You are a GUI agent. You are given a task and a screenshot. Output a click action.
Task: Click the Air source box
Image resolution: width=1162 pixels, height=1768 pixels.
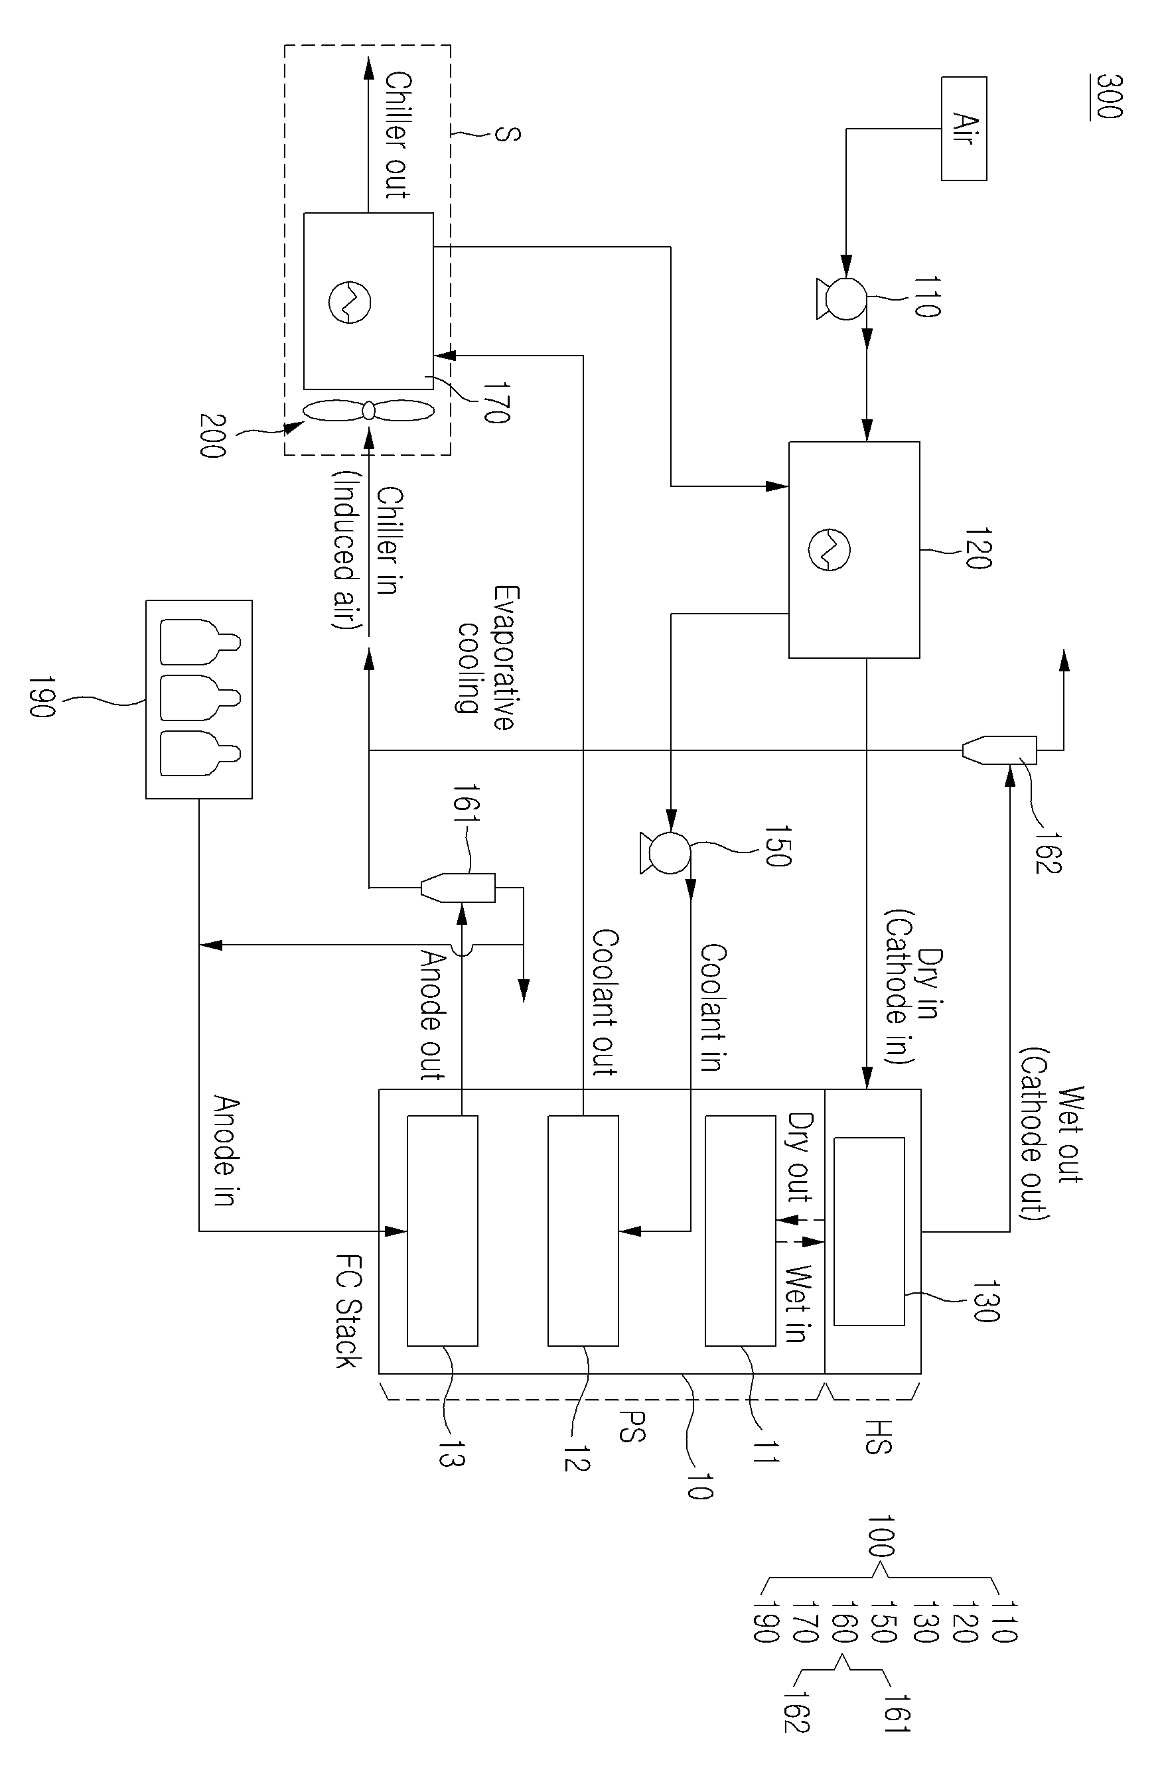click(964, 129)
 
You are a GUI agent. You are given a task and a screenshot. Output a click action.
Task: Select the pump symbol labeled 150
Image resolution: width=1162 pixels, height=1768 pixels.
click(666, 852)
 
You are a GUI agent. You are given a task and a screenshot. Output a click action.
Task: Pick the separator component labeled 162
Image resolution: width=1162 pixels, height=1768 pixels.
click(999, 750)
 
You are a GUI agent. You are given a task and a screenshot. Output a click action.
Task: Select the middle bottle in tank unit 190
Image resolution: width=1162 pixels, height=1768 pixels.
click(200, 699)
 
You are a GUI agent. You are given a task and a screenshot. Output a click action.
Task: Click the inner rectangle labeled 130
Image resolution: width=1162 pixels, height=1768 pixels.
click(869, 1232)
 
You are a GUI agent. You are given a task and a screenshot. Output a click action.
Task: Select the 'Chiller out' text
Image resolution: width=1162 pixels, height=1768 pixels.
click(398, 135)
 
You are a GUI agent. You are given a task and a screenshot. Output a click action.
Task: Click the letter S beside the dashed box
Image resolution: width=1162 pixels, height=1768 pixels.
click(508, 135)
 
